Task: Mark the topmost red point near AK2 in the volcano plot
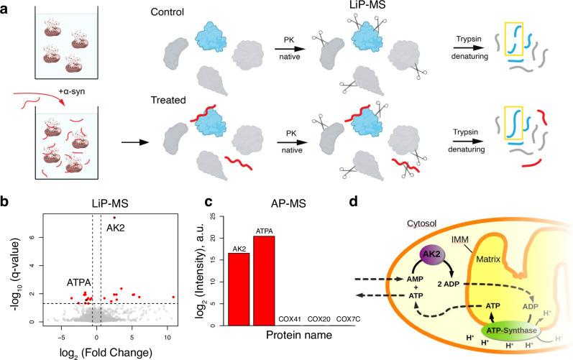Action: tap(114, 217)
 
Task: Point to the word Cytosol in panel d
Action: tap(431, 204)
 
